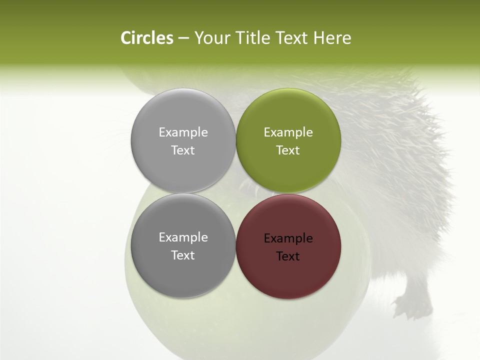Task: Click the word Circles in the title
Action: click(x=147, y=38)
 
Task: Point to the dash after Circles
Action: click(x=183, y=38)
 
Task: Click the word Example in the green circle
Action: click(x=288, y=132)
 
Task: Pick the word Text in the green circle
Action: click(x=288, y=150)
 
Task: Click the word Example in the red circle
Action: click(x=288, y=238)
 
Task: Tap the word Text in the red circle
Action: click(x=288, y=256)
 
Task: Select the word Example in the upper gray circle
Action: click(x=183, y=132)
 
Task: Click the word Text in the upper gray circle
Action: click(x=183, y=150)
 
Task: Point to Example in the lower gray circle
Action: click(x=183, y=237)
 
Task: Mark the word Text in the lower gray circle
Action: click(x=183, y=255)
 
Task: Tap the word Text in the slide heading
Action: click(x=292, y=38)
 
